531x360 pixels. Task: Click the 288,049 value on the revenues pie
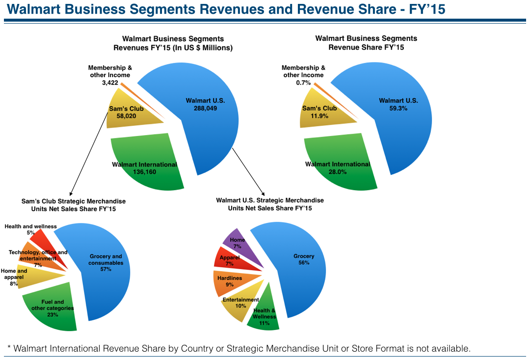coord(205,109)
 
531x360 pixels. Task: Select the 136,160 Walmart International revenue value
coord(144,172)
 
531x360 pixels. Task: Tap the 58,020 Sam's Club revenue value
coord(126,116)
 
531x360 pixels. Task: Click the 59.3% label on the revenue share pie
coord(398,109)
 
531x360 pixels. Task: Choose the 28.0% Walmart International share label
coord(338,172)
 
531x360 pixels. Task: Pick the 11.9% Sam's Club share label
coord(319,116)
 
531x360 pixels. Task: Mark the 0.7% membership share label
coord(303,83)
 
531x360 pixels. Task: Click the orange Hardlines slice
coord(232,282)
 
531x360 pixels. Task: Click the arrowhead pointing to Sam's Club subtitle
coord(71,194)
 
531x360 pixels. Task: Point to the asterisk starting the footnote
coord(9,348)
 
